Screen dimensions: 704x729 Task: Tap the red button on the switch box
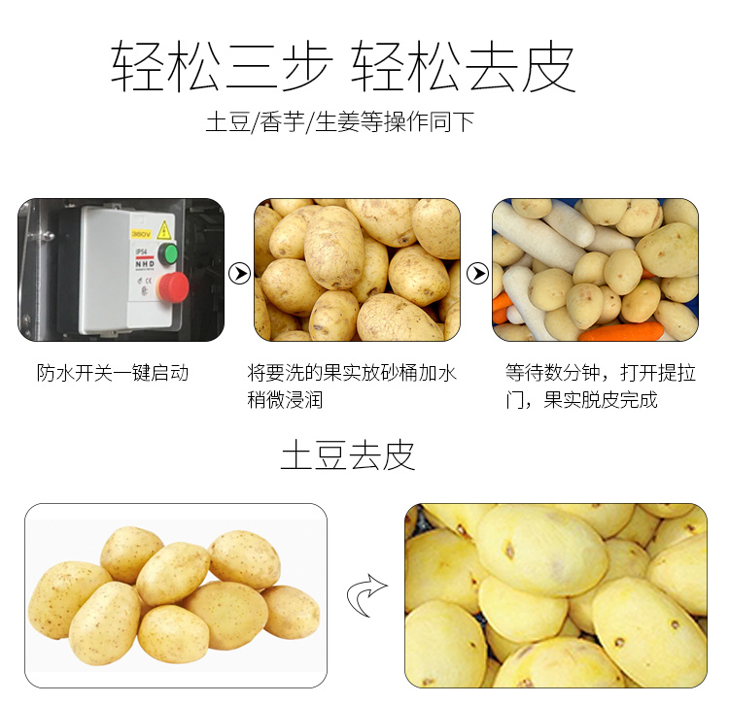pos(174,285)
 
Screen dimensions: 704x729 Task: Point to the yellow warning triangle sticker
pos(164,230)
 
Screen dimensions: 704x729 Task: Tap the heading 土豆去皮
pos(348,454)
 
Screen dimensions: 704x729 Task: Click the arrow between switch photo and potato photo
pos(239,274)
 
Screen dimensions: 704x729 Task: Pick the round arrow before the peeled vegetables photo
pos(477,274)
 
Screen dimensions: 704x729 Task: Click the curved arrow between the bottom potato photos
pos(366,595)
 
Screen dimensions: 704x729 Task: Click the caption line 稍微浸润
pos(285,399)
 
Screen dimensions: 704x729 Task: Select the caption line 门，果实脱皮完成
pos(581,399)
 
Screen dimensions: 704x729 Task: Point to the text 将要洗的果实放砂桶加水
pos(353,373)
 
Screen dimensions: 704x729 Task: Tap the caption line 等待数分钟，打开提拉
pos(601,373)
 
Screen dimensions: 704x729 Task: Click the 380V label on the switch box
pos(140,234)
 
